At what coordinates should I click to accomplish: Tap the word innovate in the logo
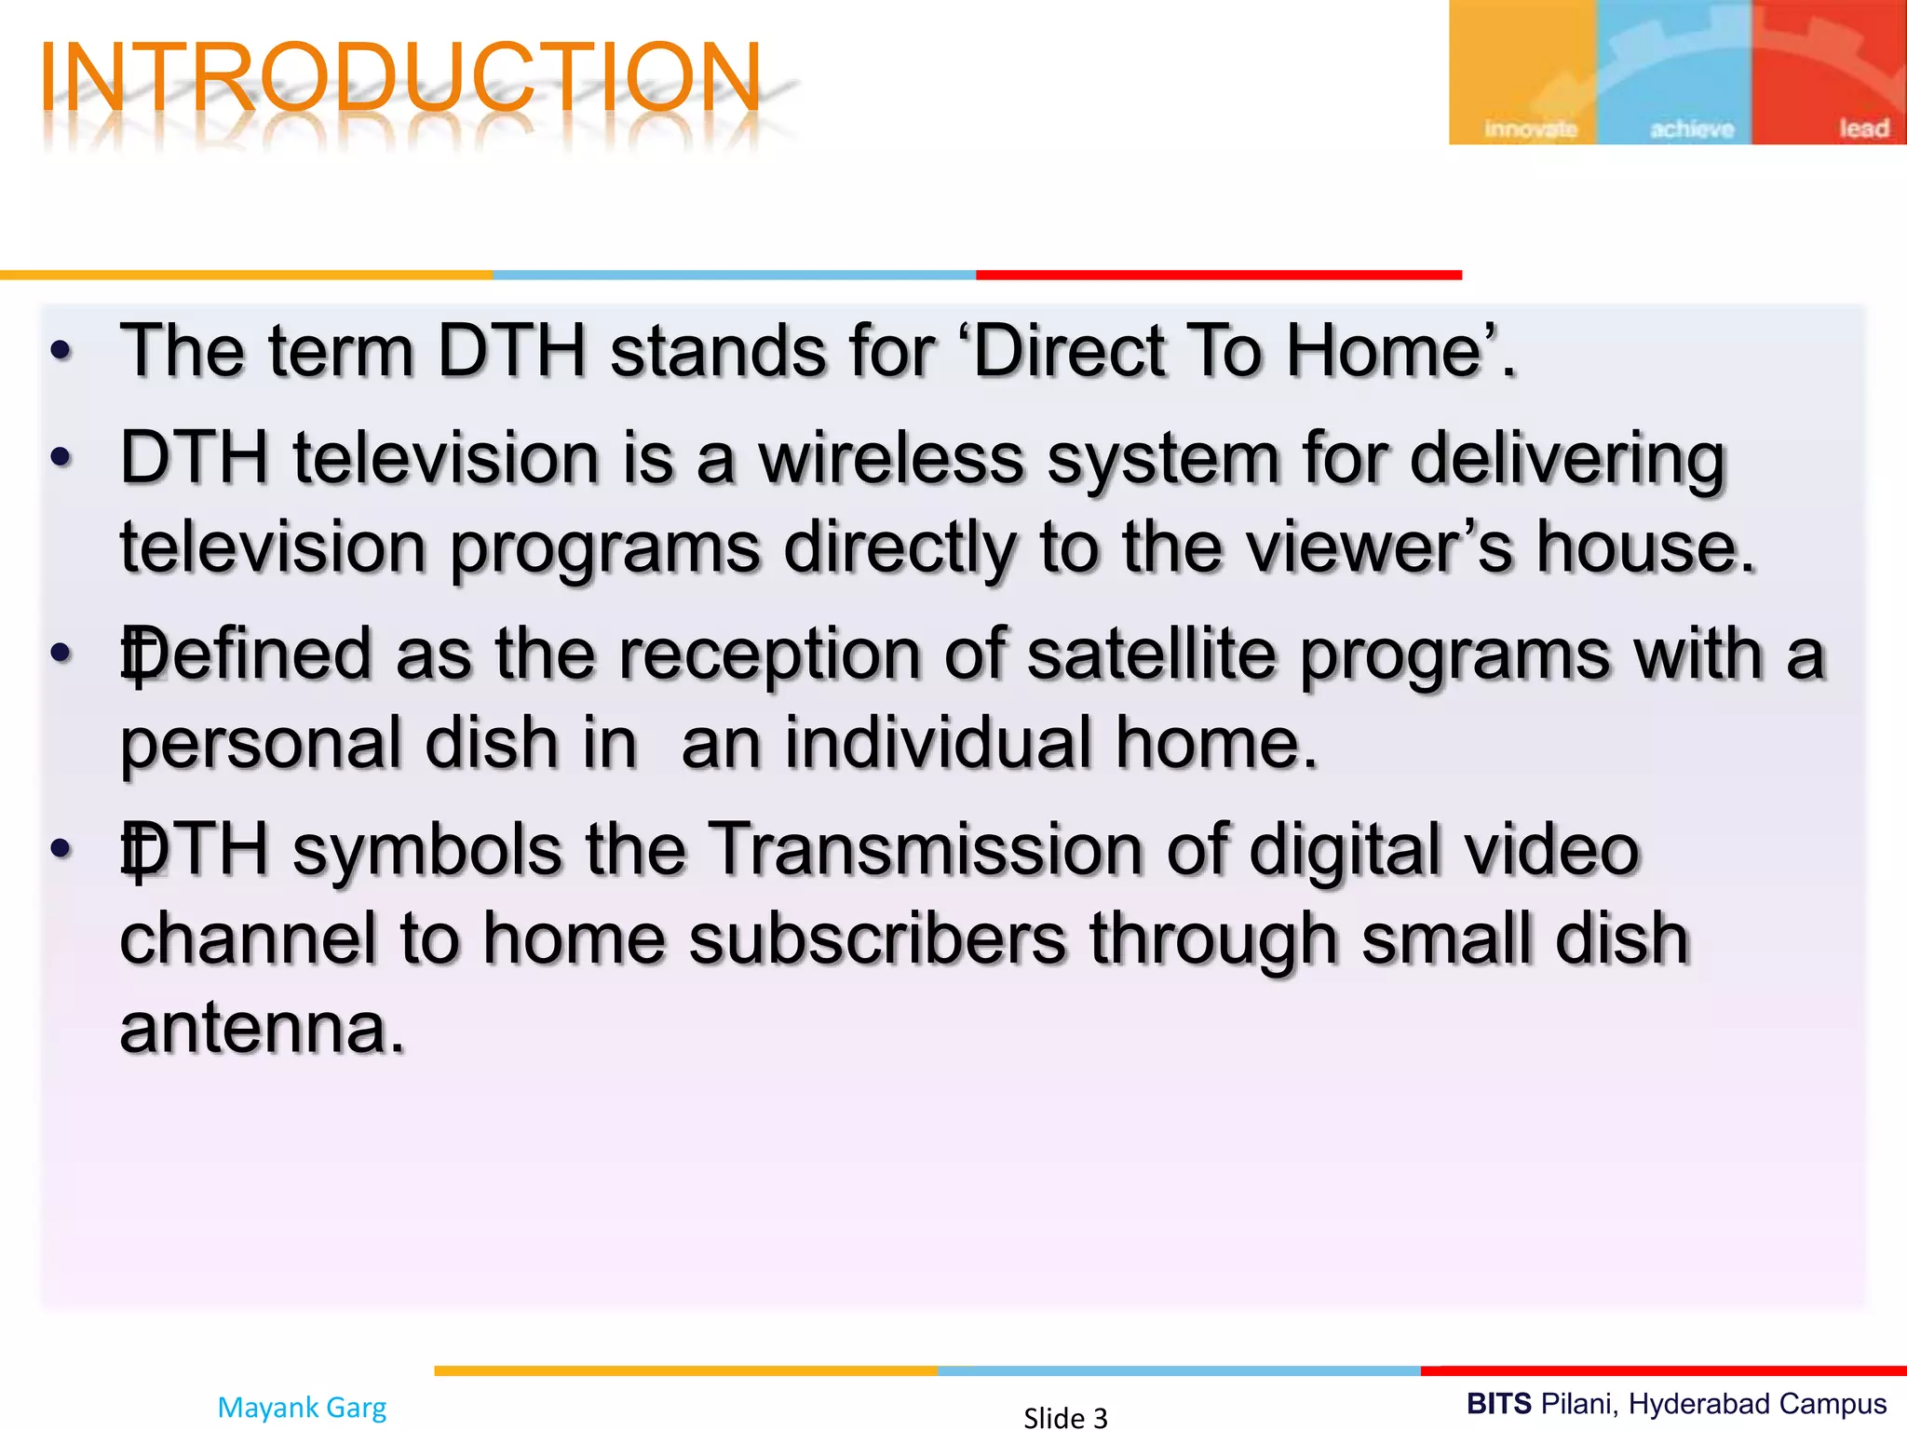[x=1530, y=128]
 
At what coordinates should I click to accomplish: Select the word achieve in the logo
[x=1692, y=128]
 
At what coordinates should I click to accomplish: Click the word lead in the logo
[x=1863, y=128]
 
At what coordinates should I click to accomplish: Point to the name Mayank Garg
[x=302, y=1407]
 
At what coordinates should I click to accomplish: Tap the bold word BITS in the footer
[x=1499, y=1403]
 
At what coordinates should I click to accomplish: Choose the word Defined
[x=246, y=654]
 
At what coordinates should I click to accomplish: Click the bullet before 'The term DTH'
[x=61, y=351]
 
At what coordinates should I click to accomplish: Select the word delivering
[x=1567, y=458]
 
